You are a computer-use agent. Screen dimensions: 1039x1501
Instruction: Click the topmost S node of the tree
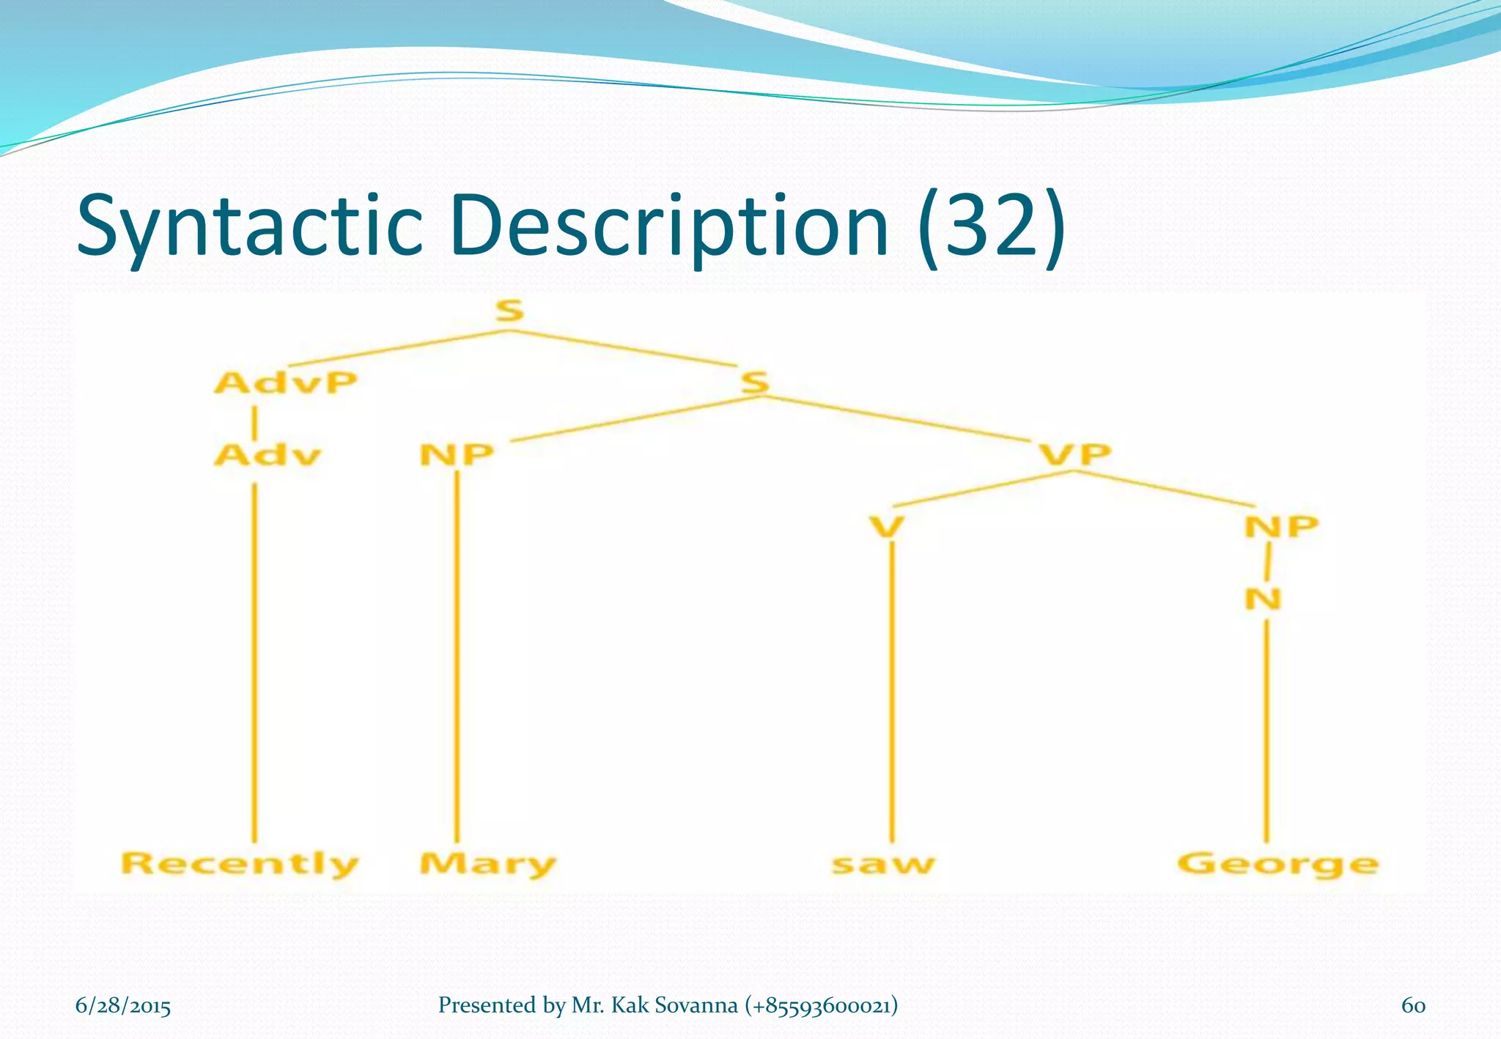tap(509, 311)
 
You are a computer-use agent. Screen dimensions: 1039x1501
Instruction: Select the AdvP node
tap(286, 382)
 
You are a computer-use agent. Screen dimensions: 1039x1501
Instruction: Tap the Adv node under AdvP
tap(268, 455)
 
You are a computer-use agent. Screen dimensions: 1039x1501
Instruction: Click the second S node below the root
tap(755, 382)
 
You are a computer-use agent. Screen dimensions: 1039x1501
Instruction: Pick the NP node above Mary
tap(457, 455)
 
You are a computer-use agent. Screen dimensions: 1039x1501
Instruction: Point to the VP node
tap(1075, 454)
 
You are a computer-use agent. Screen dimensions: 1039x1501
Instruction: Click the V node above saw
tap(887, 526)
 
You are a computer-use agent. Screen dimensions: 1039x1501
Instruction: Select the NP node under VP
tap(1281, 526)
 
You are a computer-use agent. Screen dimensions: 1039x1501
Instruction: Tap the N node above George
tap(1264, 599)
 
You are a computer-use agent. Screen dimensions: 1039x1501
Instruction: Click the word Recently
tap(240, 863)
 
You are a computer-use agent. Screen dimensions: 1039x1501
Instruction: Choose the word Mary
tap(487, 863)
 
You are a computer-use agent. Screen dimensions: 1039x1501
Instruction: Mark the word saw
tap(884, 865)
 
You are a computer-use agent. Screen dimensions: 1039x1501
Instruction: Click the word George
tap(1277, 865)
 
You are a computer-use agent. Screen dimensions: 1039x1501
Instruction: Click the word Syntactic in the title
tap(250, 226)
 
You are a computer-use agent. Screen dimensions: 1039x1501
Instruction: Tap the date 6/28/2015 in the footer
tap(123, 1005)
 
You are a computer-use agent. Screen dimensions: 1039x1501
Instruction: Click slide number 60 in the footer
tap(1413, 1005)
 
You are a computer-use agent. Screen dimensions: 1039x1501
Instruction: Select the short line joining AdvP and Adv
tap(254, 424)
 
